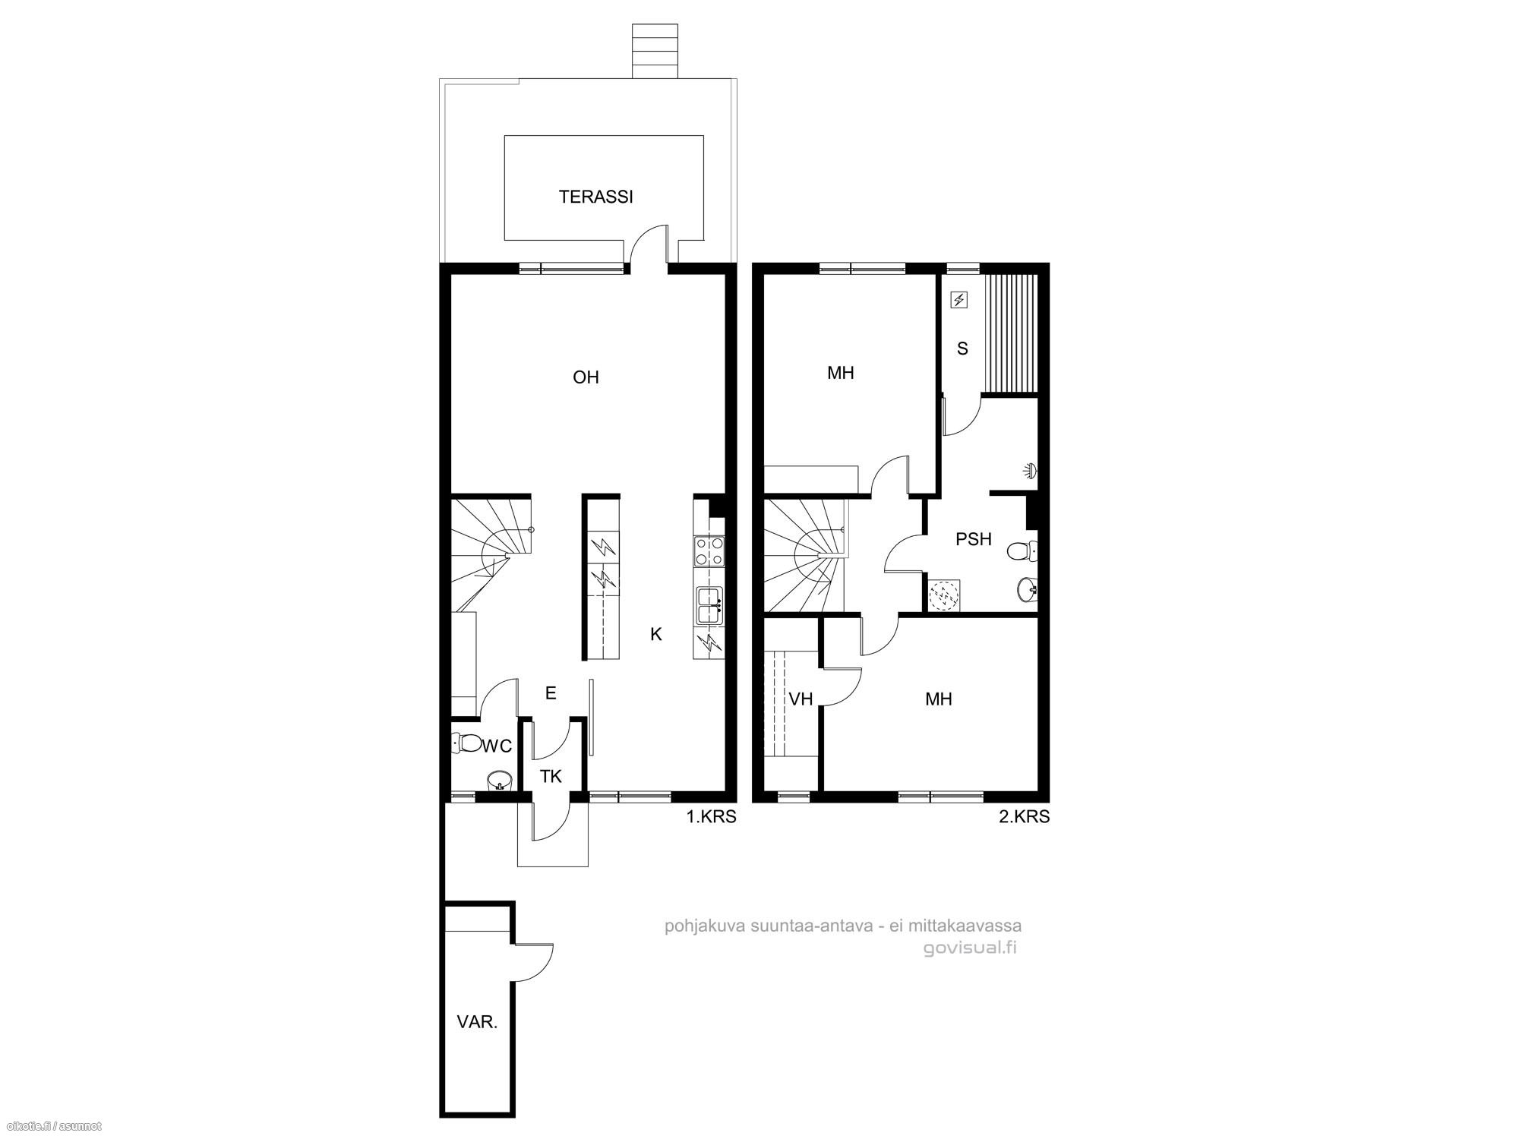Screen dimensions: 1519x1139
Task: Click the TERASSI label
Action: [x=595, y=197]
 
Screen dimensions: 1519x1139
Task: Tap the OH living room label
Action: [x=586, y=377]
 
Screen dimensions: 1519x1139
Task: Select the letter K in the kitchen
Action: [x=656, y=634]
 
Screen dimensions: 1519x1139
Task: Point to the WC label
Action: [x=497, y=746]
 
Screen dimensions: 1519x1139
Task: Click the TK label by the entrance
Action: [x=551, y=776]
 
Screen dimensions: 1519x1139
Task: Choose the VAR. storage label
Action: [x=477, y=1022]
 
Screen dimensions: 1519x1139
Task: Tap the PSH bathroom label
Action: [x=974, y=539]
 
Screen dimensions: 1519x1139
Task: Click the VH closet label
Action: [x=801, y=699]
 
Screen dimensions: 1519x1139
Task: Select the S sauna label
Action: [x=963, y=349]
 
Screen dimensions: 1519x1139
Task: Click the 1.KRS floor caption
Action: [x=712, y=817]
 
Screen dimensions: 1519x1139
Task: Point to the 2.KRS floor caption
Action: [x=1025, y=817]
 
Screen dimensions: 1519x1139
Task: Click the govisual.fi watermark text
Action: [x=971, y=948]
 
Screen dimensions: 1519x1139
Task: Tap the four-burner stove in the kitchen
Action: [x=709, y=552]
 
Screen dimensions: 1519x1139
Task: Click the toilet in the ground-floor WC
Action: [x=466, y=742]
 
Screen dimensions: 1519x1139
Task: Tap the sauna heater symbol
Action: [x=959, y=301]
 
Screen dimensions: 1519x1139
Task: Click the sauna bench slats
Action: [x=1010, y=333]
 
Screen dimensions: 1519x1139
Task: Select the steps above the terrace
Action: [x=655, y=50]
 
